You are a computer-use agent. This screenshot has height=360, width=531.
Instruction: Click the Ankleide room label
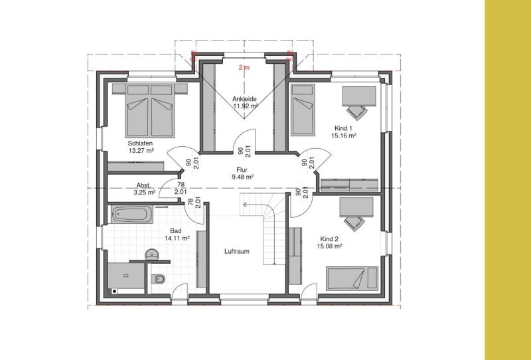[x=244, y=99]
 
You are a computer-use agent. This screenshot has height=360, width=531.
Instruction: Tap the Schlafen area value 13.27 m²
[x=141, y=151]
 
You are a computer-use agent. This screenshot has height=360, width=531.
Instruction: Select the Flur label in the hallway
[x=242, y=170]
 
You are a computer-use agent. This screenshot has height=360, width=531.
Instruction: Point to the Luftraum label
[x=237, y=251]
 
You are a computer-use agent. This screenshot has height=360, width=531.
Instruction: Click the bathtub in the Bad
[x=131, y=215]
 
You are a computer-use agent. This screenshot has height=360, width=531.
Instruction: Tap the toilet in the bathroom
[x=158, y=279]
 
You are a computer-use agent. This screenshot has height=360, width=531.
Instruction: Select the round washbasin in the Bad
[x=152, y=254]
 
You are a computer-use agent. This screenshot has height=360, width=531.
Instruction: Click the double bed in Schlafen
[x=150, y=110]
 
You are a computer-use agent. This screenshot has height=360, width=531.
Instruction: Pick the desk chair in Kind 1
[x=356, y=112]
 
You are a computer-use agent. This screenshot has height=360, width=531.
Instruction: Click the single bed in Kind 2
[x=352, y=279]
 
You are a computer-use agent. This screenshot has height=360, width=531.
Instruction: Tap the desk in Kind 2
[x=356, y=207]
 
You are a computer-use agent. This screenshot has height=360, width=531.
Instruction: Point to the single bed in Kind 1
[x=303, y=110]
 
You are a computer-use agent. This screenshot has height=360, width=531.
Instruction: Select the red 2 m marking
[x=244, y=68]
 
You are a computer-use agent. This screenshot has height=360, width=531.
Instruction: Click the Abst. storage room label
[x=143, y=185]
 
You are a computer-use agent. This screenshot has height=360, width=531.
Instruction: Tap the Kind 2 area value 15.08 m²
[x=329, y=246]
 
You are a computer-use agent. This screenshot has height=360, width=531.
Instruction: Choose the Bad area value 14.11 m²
[x=177, y=238]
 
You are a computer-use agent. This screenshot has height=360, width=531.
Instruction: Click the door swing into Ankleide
[x=244, y=139]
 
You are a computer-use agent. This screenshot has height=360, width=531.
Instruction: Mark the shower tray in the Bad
[x=127, y=276]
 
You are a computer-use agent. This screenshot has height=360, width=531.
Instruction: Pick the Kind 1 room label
[x=343, y=128]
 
